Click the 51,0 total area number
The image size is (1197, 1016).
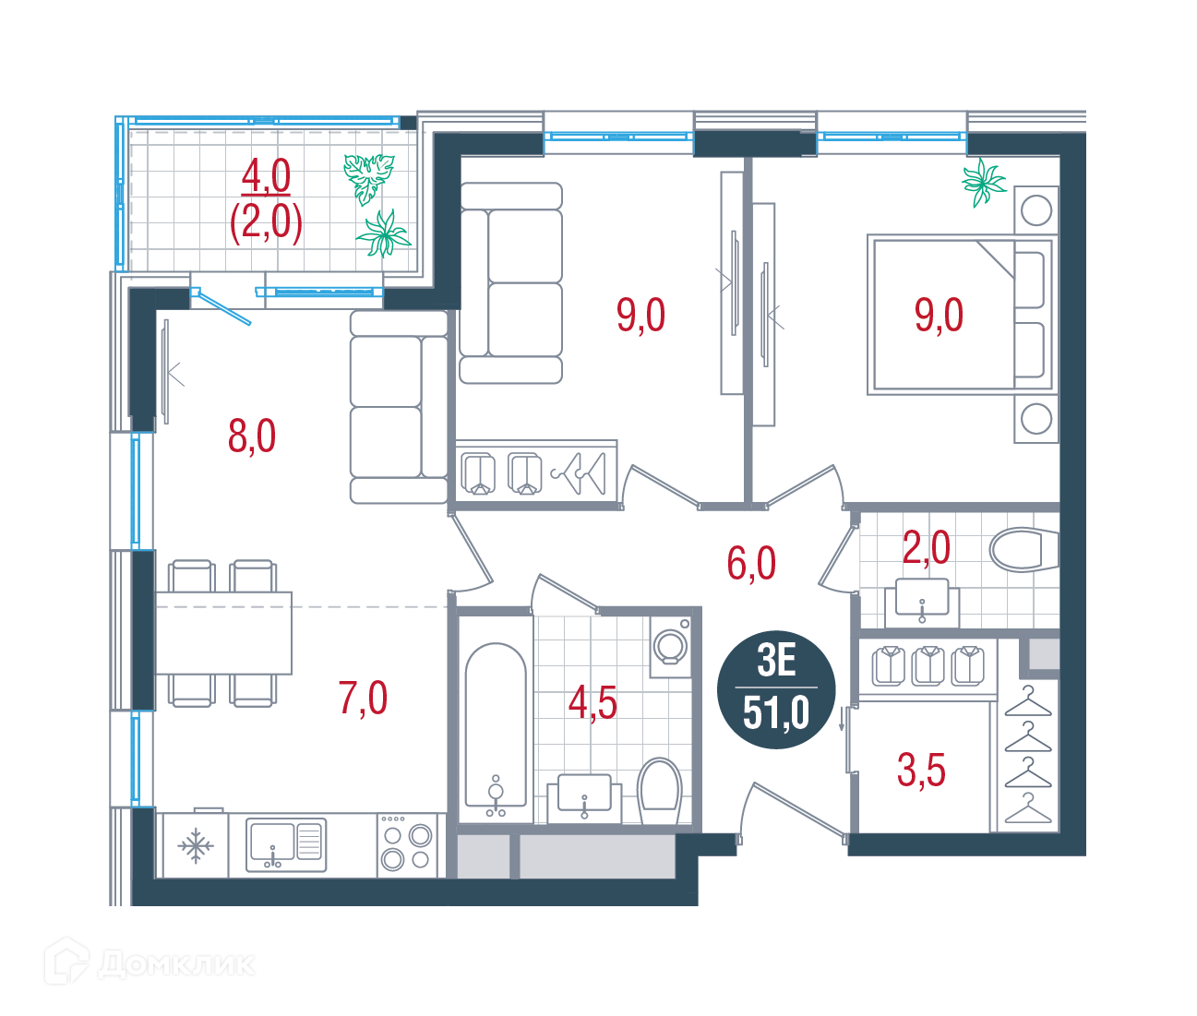(776, 713)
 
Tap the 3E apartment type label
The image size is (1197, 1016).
(776, 661)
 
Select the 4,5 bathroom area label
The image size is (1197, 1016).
(593, 704)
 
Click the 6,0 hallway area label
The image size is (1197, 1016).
(751, 563)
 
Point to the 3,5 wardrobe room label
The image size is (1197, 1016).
(921, 770)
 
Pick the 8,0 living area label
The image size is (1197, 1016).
(252, 436)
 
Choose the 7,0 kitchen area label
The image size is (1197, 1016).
(363, 699)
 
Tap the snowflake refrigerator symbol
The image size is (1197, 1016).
(196, 846)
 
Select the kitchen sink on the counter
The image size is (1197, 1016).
(286, 844)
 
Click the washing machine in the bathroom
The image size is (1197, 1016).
(671, 647)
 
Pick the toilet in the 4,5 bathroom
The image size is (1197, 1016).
(660, 791)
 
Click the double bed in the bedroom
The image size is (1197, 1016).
(963, 315)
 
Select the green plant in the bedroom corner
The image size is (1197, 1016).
(983, 183)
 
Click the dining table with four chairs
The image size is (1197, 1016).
(223, 633)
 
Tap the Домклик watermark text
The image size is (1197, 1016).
(176, 964)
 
